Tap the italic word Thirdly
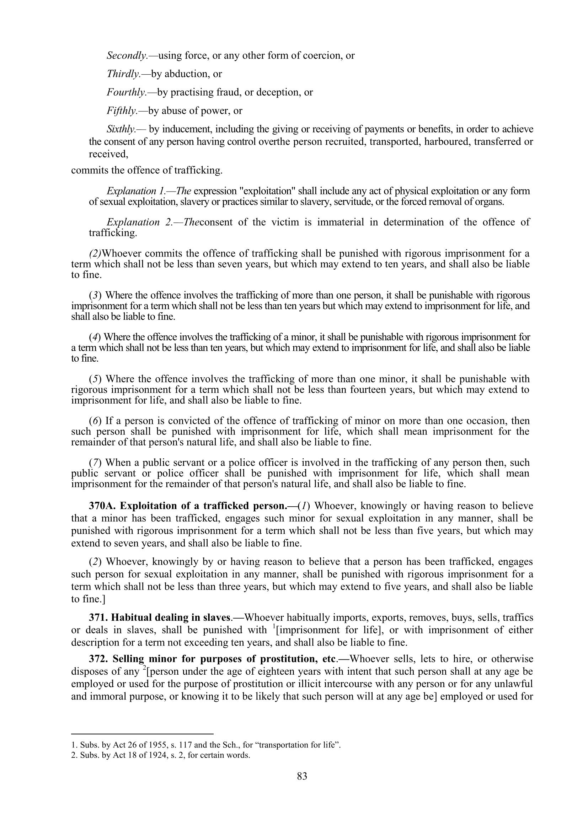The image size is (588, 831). click(x=123, y=74)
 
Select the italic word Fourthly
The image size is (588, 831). click(x=126, y=93)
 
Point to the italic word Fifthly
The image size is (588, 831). click(x=122, y=111)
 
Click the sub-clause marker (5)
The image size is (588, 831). click(x=95, y=379)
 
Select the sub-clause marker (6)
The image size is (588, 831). click(x=95, y=421)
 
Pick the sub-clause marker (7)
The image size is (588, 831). click(x=95, y=463)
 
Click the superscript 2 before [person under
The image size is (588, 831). click(x=144, y=668)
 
